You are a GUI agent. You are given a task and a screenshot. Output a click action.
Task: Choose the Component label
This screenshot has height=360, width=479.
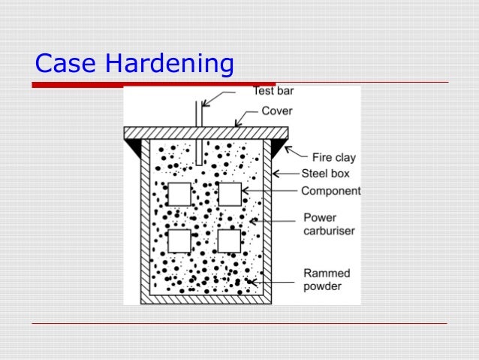(x=331, y=191)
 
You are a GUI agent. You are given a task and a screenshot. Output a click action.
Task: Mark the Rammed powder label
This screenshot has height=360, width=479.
(x=327, y=279)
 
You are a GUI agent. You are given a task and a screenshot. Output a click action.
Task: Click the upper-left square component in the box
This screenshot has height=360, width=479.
(x=179, y=193)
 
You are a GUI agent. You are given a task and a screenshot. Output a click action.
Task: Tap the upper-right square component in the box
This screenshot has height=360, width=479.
(x=230, y=193)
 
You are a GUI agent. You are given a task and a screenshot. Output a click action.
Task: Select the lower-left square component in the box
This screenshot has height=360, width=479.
(x=179, y=241)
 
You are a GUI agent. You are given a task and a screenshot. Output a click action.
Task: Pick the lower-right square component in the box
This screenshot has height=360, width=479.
(x=230, y=241)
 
